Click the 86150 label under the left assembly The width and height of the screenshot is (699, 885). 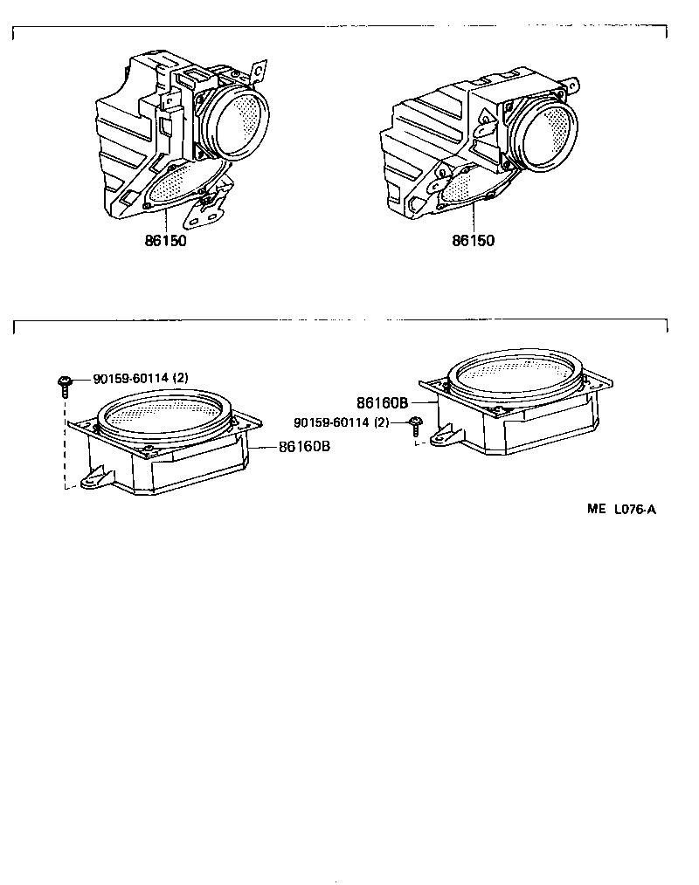click(165, 241)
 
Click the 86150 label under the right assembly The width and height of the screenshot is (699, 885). click(473, 241)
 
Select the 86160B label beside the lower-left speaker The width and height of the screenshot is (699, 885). click(304, 446)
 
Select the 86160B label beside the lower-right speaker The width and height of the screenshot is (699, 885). click(383, 403)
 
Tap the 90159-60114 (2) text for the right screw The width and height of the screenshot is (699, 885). click(342, 423)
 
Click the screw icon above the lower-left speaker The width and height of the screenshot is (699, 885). click(65, 384)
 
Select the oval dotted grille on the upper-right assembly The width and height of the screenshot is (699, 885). click(467, 185)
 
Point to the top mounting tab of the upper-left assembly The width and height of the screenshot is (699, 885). click(258, 70)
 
